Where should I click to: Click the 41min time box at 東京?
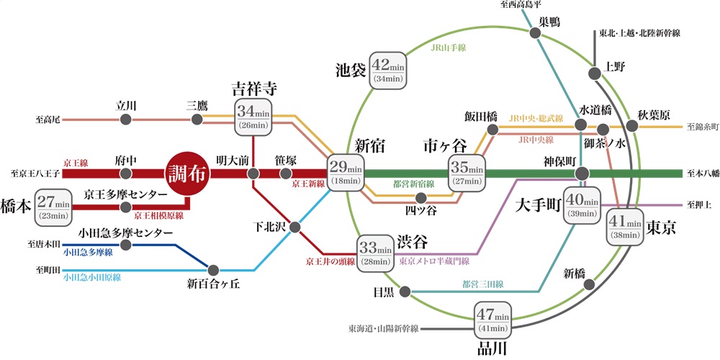[x=624, y=227]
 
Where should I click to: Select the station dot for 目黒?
[x=405, y=292]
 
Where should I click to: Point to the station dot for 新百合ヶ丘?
[x=212, y=268]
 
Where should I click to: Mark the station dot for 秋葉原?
[x=632, y=126]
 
